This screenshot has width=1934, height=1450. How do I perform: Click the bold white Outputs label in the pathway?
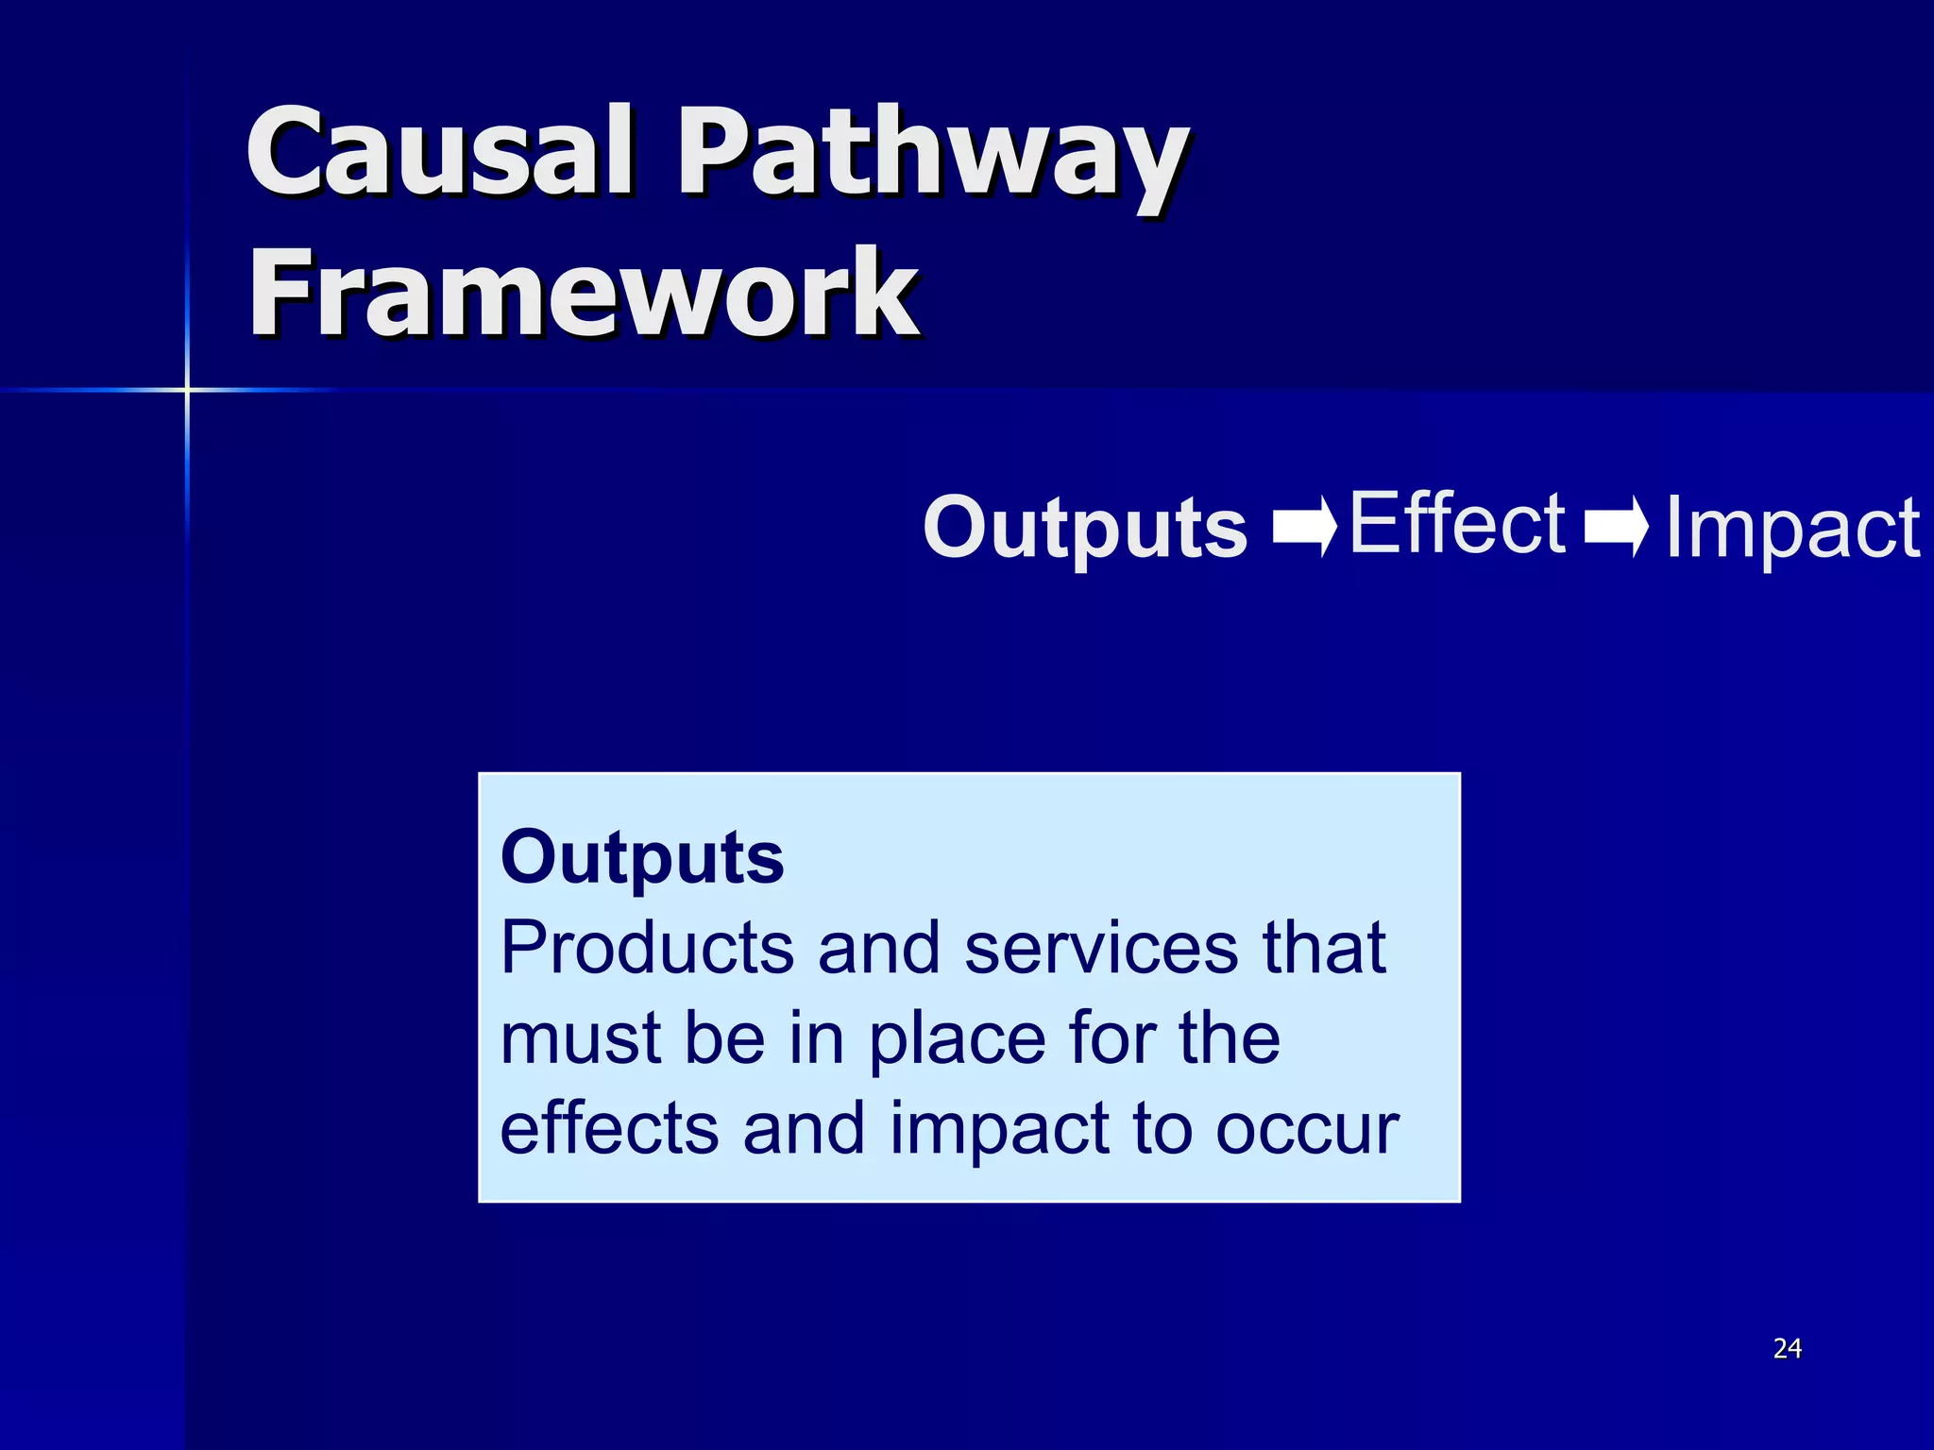[1085, 528]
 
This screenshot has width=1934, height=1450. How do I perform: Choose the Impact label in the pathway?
[1791, 529]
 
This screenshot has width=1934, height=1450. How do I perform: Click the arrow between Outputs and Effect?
[1304, 526]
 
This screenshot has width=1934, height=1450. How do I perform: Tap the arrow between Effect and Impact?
[1616, 526]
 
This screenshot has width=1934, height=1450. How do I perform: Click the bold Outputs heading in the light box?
[642, 857]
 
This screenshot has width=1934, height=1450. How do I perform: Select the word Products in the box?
[647, 948]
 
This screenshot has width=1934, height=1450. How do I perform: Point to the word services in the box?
[1100, 948]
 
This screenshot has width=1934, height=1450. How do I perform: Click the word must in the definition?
[580, 1038]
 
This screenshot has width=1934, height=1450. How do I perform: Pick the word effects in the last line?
[607, 1128]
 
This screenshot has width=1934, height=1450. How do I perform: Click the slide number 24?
[1787, 1349]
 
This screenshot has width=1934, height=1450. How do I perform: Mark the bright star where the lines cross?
[187, 389]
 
